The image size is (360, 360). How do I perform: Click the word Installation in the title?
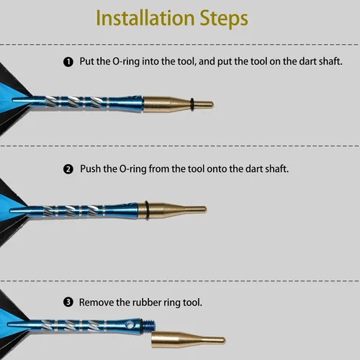[145, 18]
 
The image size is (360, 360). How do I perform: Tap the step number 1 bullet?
[68, 62]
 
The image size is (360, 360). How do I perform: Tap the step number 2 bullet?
[68, 169]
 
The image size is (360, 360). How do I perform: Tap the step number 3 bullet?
[68, 302]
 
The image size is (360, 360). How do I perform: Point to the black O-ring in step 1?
[192, 104]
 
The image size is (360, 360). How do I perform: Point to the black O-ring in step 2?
[146, 210]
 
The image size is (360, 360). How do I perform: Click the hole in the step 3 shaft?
[130, 325]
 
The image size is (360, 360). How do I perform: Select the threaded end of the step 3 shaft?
[149, 326]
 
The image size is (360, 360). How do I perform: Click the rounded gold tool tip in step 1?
[211, 104]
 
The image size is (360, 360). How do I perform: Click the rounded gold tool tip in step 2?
[204, 210]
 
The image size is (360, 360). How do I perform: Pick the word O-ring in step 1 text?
[126, 62]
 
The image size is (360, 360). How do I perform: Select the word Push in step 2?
[90, 168]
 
